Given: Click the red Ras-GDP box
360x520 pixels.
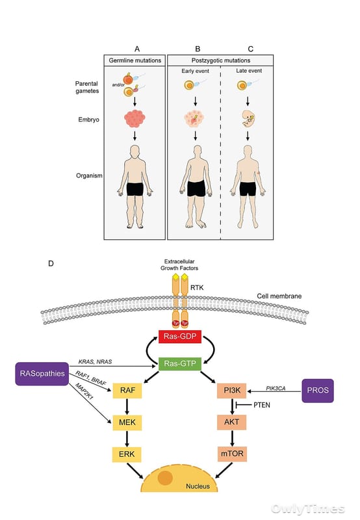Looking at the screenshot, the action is (x=180, y=336).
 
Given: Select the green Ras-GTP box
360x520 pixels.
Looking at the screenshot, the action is (x=180, y=363).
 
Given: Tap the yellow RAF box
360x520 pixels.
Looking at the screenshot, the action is (x=127, y=391).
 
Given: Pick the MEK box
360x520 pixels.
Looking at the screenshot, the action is (x=127, y=422).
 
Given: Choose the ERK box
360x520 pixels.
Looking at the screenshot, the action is (x=127, y=454).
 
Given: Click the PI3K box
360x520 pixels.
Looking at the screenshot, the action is (x=232, y=391).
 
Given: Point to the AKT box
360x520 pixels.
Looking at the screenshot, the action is (x=232, y=422).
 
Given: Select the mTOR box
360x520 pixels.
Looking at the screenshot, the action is (x=232, y=454).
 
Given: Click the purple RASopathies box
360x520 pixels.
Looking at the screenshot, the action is (x=42, y=374).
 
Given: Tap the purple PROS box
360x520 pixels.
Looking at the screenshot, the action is (x=318, y=391).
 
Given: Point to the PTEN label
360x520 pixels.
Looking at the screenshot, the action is (x=262, y=405).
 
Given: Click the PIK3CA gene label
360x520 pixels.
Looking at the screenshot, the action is (x=276, y=388).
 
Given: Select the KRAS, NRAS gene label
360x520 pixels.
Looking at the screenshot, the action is (x=95, y=361).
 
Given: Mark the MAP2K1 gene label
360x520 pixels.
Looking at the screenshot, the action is (x=84, y=391).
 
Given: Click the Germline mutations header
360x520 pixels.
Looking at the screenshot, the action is (x=135, y=60).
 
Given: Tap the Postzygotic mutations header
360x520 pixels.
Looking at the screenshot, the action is (x=221, y=60).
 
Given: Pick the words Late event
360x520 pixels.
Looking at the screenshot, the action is (x=249, y=71).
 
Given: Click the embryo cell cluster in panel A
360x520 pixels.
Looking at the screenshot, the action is (x=135, y=119).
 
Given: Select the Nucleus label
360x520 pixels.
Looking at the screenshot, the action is (x=198, y=486).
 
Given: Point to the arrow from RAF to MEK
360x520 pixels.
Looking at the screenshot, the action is (x=127, y=406).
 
